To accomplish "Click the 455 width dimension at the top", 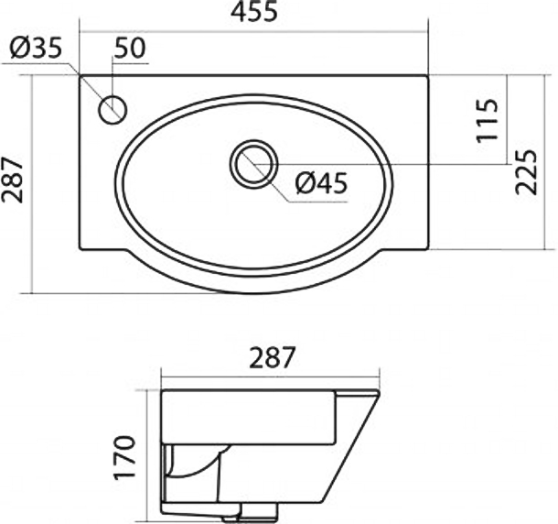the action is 253,12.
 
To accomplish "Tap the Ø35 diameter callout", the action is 36,48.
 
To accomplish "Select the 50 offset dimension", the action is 130,48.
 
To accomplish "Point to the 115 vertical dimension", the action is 487,120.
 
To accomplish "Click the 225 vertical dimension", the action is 526,172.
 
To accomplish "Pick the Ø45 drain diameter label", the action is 321,183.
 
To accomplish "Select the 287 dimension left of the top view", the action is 12,180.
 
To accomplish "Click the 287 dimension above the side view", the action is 273,357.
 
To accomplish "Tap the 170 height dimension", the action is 124,457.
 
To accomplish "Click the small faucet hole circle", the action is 113,109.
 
